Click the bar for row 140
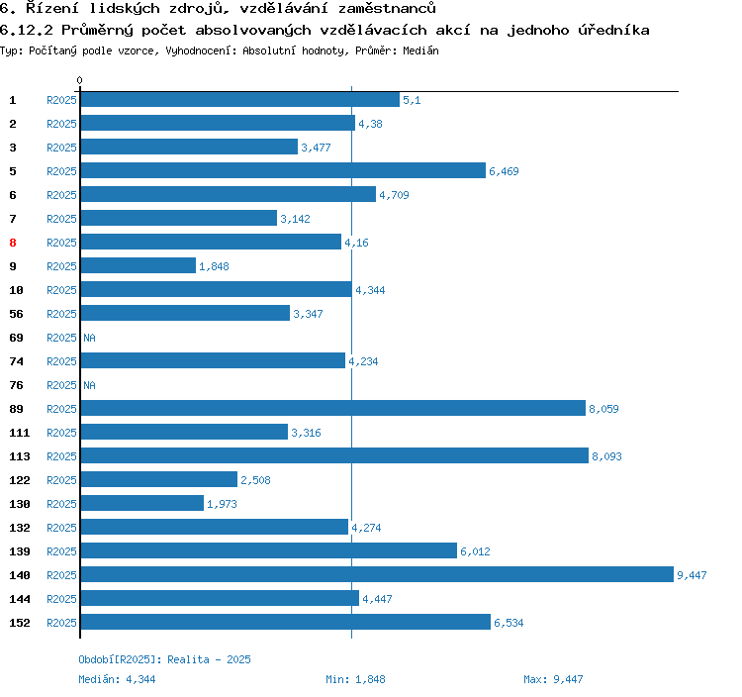click(x=376, y=574)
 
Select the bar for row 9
click(x=138, y=265)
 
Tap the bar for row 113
click(x=333, y=455)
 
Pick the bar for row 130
click(x=141, y=503)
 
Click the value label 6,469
click(x=504, y=171)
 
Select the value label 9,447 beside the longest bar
click(x=692, y=575)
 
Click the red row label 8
click(x=13, y=243)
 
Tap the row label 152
click(x=20, y=623)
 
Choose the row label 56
click(x=16, y=314)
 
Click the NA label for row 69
click(x=89, y=338)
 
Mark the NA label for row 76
click(x=89, y=385)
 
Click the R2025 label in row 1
click(x=61, y=100)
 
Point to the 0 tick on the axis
click(x=80, y=80)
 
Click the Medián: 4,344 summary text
click(x=117, y=679)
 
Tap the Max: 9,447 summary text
click(x=553, y=679)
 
